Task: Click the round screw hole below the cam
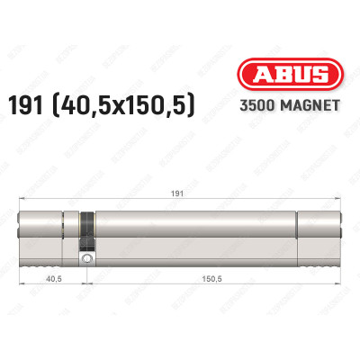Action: point(86,261)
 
